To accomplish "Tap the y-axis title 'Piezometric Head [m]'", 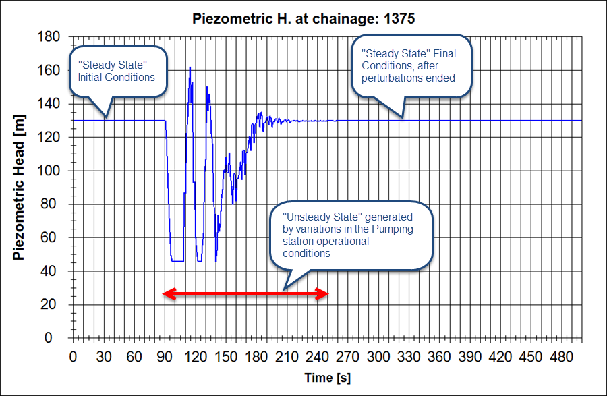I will click(x=19, y=187).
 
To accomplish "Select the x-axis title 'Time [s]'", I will click(x=327, y=377).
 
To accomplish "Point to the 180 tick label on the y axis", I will click(x=51, y=37).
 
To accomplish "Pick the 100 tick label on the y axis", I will click(x=51, y=171).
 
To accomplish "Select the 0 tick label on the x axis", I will click(x=73, y=356).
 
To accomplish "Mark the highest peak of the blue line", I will click(x=190, y=67).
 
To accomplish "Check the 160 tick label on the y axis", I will click(x=51, y=71).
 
